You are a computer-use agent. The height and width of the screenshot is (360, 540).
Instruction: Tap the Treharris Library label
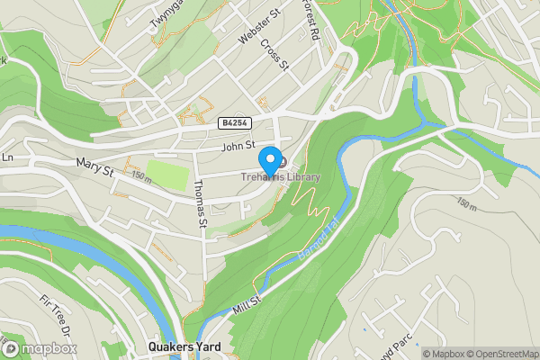(x=280, y=177)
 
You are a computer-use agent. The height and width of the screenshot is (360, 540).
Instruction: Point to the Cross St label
(x=274, y=55)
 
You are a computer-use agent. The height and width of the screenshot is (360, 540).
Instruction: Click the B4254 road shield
(x=233, y=121)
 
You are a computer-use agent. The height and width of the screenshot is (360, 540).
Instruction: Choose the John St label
(x=238, y=144)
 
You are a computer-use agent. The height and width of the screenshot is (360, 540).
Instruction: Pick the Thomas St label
(x=201, y=203)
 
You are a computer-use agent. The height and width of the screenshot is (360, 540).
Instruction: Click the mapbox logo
(x=40, y=348)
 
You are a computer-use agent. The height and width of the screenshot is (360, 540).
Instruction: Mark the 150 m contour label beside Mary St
(x=140, y=176)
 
